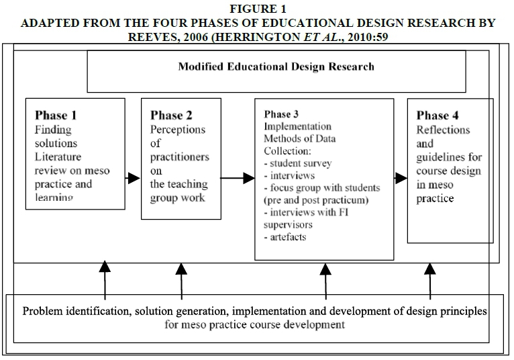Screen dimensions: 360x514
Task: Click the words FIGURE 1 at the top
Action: [257, 9]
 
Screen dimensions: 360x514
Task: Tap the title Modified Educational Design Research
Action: [276, 66]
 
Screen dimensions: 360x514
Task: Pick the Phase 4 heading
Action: [438, 115]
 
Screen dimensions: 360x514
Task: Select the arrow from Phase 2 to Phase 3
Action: [238, 179]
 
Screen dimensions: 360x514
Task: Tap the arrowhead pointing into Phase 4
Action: [401, 178]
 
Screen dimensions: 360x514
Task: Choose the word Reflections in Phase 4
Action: [444, 130]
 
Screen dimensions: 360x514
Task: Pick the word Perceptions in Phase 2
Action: [178, 130]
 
